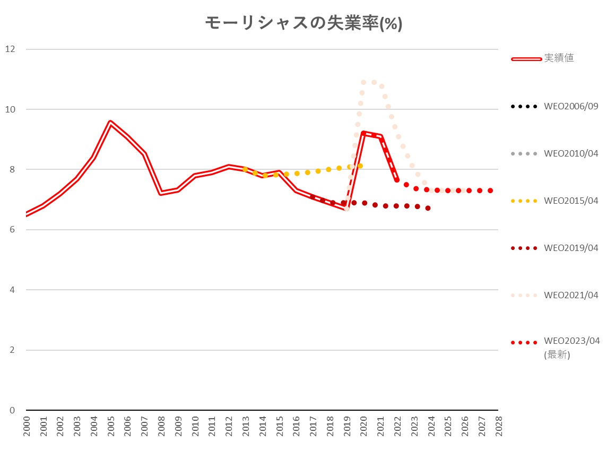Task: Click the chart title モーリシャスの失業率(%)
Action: [303, 24]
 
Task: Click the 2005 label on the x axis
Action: [110, 426]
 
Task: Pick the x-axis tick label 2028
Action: [498, 426]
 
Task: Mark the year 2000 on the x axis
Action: [27, 426]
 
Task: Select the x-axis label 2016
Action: [296, 426]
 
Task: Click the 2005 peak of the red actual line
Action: [110, 123]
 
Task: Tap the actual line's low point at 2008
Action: [161, 193]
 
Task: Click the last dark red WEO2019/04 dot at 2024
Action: [428, 208]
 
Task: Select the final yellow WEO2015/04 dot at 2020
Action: [360, 166]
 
